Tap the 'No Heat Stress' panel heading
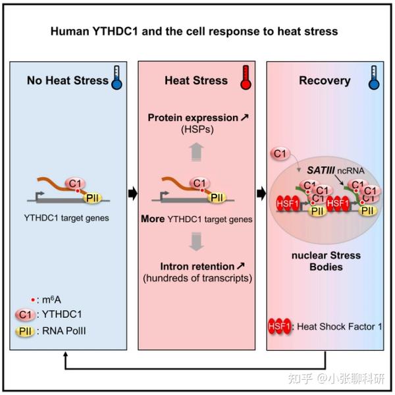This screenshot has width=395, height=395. (x=67, y=81)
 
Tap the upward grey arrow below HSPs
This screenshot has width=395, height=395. (x=195, y=150)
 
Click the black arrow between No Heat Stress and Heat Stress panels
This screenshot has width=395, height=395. (x=131, y=194)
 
